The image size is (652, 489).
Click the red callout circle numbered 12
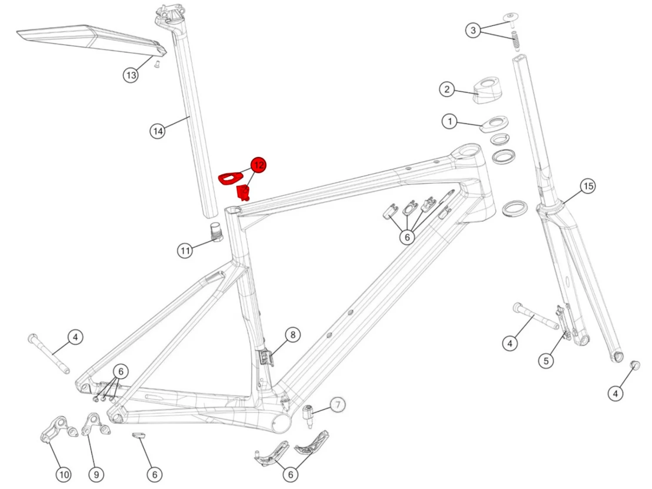[258, 165]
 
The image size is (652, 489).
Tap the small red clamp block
[243, 192]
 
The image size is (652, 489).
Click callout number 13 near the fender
[131, 75]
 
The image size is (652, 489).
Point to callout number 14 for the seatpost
[158, 131]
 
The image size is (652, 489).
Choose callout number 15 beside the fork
[588, 186]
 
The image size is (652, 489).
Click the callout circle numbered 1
[450, 121]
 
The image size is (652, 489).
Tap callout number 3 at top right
[473, 30]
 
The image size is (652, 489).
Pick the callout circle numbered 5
[546, 360]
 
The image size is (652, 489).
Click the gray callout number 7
[338, 405]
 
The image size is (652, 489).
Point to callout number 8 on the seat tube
[293, 335]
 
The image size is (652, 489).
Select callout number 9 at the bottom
[96, 475]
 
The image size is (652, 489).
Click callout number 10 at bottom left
[63, 475]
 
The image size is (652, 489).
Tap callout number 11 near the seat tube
[185, 250]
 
